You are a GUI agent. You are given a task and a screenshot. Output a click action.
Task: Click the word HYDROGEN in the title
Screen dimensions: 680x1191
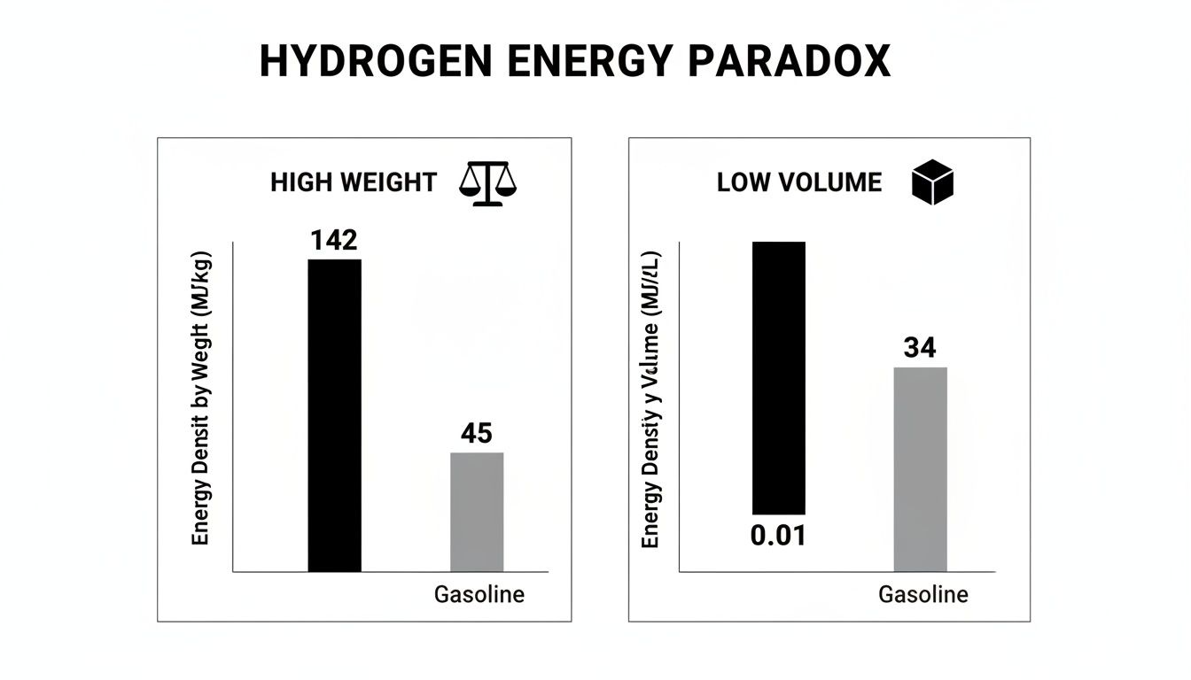point(373,62)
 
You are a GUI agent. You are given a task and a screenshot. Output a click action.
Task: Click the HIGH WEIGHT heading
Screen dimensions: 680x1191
point(354,183)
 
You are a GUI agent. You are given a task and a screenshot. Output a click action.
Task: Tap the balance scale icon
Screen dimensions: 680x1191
point(487,183)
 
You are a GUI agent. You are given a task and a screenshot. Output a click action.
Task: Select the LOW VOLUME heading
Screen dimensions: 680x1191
point(799,183)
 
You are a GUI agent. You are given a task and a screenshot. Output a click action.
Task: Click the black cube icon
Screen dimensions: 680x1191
point(932,183)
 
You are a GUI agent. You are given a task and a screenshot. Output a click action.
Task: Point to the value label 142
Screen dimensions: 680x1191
point(333,241)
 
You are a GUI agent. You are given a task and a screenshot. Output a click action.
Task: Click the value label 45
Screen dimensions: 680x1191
point(477,434)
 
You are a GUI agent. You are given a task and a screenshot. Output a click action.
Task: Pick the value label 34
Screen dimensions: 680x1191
point(920,349)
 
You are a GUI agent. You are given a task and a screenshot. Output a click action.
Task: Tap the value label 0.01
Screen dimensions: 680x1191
point(778,536)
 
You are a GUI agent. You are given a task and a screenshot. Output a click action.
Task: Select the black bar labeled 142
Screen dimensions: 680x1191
point(334,415)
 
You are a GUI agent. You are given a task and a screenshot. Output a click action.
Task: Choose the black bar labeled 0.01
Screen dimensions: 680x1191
point(778,378)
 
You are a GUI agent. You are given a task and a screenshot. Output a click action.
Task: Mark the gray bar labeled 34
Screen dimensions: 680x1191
point(920,469)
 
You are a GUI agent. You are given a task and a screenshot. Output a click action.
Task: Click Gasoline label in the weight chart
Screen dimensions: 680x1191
point(479,594)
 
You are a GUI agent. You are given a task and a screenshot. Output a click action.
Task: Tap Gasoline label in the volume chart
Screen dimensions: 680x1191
point(922,594)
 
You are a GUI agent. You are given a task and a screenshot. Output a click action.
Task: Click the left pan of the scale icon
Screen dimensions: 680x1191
point(470,189)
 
